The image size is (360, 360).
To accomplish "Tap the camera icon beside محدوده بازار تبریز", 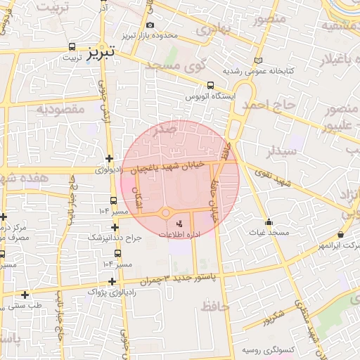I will [x=150, y=25].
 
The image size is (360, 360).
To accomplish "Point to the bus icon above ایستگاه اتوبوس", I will [x=210, y=86].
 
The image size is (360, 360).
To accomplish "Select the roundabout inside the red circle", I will [x=167, y=212].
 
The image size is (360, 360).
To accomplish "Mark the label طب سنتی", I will [x=25, y=306].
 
